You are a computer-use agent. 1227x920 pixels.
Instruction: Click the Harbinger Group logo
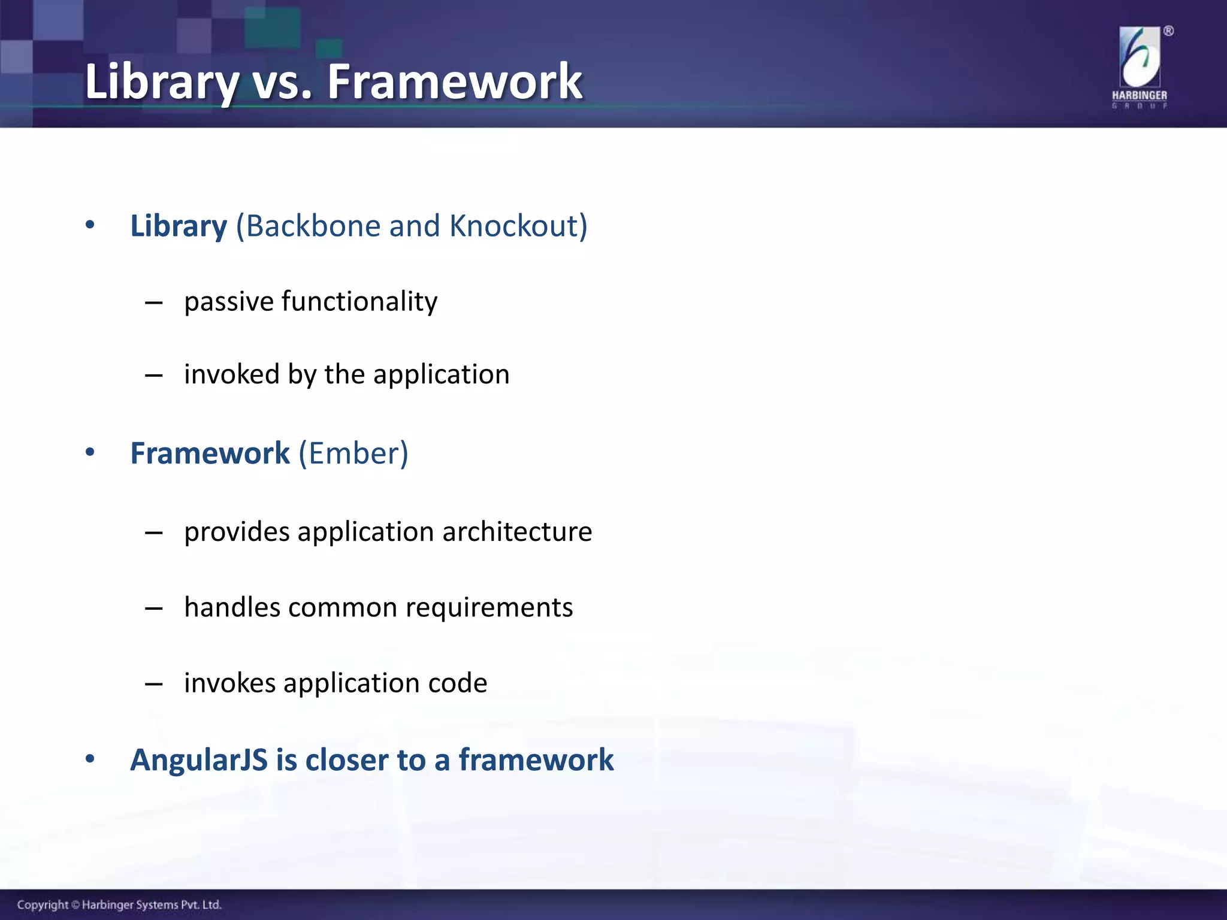(x=1139, y=67)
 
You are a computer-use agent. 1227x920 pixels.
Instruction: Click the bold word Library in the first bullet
(x=179, y=226)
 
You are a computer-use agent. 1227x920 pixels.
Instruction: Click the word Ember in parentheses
(x=353, y=453)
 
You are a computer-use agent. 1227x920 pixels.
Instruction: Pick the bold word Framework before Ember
(x=210, y=453)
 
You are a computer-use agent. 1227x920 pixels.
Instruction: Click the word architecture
(x=517, y=532)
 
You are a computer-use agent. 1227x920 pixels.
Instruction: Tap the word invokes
(x=229, y=683)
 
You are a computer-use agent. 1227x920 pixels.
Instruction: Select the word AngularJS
(x=199, y=760)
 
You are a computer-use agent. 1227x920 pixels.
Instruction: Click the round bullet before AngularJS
(x=90, y=759)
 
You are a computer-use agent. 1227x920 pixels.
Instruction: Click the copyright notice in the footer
(x=119, y=904)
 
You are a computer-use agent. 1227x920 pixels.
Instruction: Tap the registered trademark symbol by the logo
(x=1168, y=31)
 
